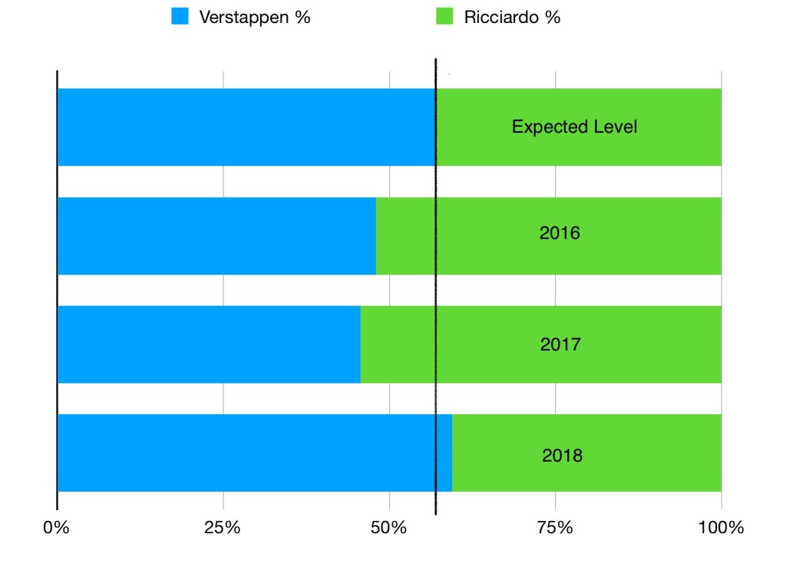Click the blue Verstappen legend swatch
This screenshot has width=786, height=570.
click(180, 17)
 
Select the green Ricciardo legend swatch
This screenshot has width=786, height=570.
click(444, 17)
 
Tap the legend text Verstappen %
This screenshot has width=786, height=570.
click(254, 18)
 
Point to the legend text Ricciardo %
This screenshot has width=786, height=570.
click(512, 18)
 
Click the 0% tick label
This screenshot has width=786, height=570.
click(56, 528)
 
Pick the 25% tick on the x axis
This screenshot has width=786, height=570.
click(223, 528)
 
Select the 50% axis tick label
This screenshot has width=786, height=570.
click(389, 528)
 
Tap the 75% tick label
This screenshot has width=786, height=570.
click(555, 528)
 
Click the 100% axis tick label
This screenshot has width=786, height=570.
click(722, 528)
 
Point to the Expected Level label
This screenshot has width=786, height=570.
click(575, 127)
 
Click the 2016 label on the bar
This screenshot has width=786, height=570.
click(560, 232)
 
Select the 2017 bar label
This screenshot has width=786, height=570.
click(560, 344)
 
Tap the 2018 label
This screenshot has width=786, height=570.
click(562, 456)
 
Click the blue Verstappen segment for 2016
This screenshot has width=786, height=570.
click(216, 236)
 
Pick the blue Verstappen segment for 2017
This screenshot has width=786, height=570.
click(208, 344)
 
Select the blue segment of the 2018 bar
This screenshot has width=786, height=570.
click(246, 453)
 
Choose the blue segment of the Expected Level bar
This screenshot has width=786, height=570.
click(246, 127)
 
